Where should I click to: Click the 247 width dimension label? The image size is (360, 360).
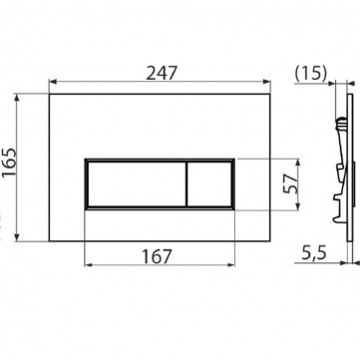(x=162, y=73)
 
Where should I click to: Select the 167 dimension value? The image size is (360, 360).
(x=157, y=256)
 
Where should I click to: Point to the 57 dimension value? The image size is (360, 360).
(x=289, y=183)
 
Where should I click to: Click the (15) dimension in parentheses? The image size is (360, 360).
(x=311, y=73)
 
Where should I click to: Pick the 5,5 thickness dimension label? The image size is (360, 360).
(x=314, y=254)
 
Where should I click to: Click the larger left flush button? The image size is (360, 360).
(x=137, y=184)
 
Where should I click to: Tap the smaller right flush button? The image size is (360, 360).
(x=209, y=184)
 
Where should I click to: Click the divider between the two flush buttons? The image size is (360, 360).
(x=186, y=184)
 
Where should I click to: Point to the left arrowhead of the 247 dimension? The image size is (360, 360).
(x=52, y=82)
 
